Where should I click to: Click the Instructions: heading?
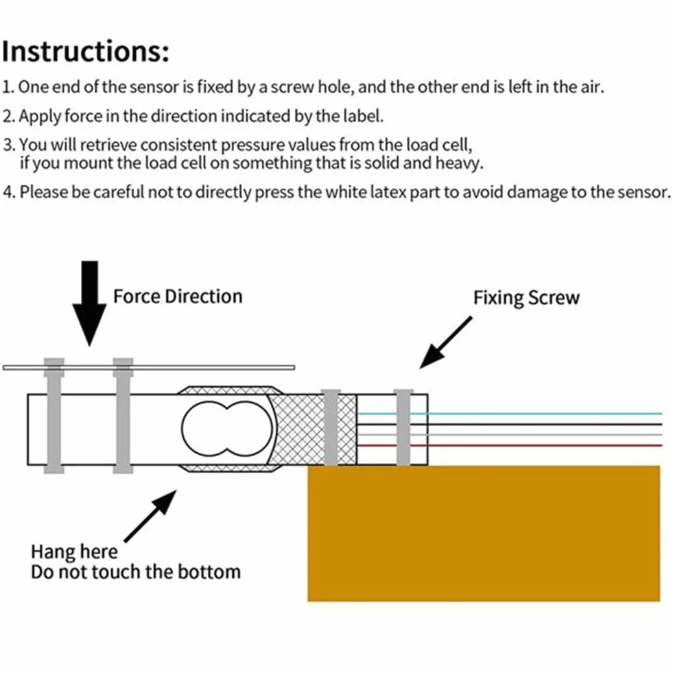pyautogui.click(x=86, y=51)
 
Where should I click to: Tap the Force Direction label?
pyautogui.click(x=178, y=296)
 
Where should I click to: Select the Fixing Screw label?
pyautogui.click(x=526, y=298)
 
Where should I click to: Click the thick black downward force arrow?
pyautogui.click(x=89, y=303)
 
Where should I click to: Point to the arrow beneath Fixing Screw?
pyautogui.click(x=445, y=342)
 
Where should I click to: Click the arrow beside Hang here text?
pyautogui.click(x=150, y=517)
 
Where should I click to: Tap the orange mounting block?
pyautogui.click(x=484, y=534)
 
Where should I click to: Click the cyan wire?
pyautogui.click(x=510, y=414)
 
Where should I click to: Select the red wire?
pyautogui.click(x=510, y=445)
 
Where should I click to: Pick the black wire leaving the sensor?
pyautogui.click(x=510, y=425)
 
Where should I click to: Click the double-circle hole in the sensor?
pyautogui.click(x=226, y=429)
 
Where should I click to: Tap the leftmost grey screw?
pyautogui.click(x=54, y=416)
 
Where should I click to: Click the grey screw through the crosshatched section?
pyautogui.click(x=331, y=427)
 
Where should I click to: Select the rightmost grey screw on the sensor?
pyautogui.click(x=403, y=427)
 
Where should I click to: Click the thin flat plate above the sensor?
pyautogui.click(x=149, y=368)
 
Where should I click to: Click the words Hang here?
pyautogui.click(x=74, y=552)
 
